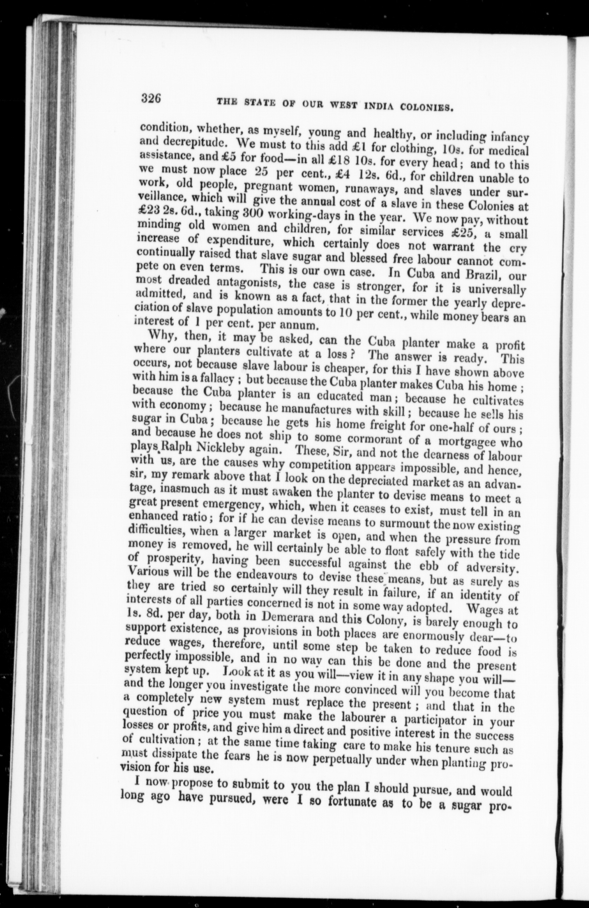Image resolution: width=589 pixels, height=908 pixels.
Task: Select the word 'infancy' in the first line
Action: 508,137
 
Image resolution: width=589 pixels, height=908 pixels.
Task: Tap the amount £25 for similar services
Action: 471,232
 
